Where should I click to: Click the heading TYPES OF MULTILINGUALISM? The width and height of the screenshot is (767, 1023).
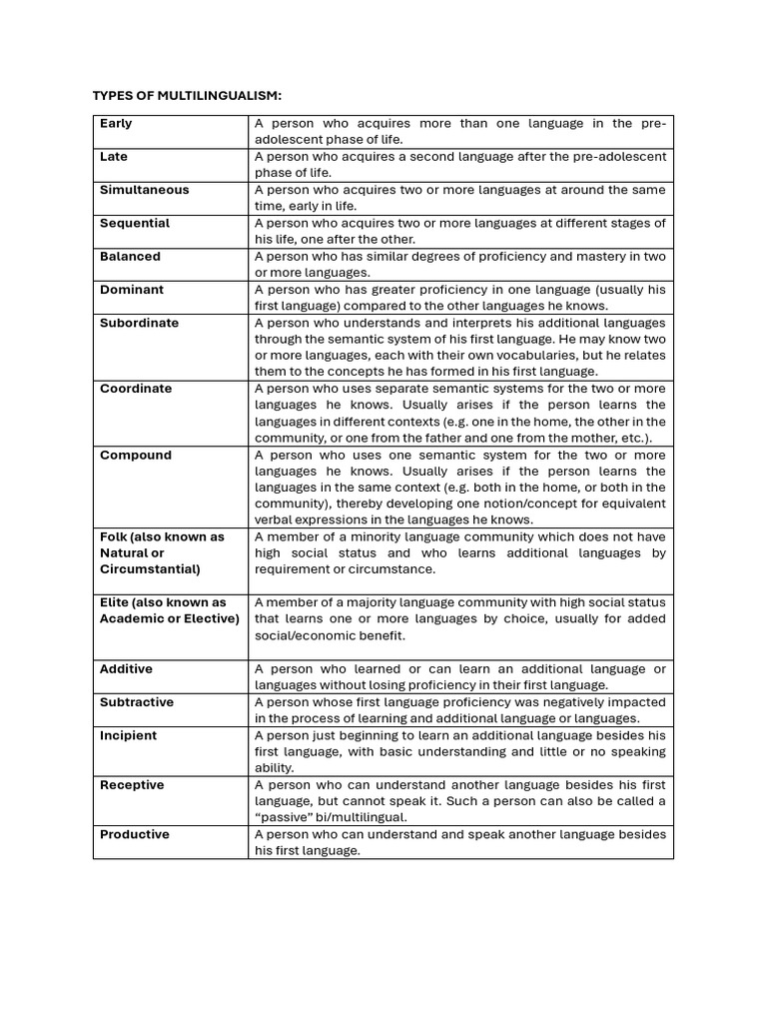[187, 95]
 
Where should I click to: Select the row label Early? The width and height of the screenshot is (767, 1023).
[116, 124]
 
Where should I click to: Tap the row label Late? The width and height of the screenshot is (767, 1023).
[114, 157]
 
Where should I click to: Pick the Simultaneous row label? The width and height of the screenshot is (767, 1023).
[144, 190]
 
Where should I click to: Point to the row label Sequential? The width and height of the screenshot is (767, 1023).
[135, 223]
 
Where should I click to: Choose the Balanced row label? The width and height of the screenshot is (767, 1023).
[130, 257]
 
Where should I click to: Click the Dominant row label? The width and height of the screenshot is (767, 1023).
[132, 290]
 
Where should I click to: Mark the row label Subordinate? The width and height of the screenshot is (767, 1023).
[140, 323]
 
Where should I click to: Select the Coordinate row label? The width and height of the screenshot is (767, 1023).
[136, 389]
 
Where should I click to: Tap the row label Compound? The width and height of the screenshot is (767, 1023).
[136, 456]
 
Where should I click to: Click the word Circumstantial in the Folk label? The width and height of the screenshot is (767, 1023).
[150, 569]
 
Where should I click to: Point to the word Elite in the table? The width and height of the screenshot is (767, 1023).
[115, 602]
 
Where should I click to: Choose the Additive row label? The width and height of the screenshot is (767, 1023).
[126, 669]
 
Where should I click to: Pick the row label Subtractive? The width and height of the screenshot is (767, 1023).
[137, 702]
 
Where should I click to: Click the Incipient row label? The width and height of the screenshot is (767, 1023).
[128, 735]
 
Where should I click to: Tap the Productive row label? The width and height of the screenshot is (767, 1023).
[135, 834]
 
